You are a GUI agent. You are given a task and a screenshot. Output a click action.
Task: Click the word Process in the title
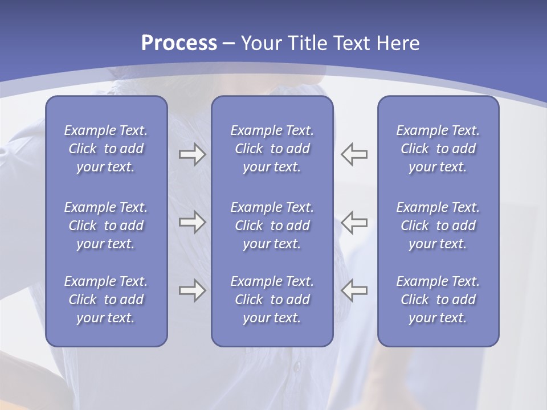pyautogui.click(x=179, y=43)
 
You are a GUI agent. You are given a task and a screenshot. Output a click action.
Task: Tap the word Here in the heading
pyautogui.click(x=398, y=43)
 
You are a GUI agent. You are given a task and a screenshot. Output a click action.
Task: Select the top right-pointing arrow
pyautogui.click(x=192, y=154)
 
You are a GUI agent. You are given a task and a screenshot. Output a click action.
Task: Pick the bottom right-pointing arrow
pyautogui.click(x=192, y=290)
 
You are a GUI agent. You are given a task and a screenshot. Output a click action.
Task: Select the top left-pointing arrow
pyautogui.click(x=354, y=154)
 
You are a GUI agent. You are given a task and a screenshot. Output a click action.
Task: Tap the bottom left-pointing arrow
pyautogui.click(x=354, y=290)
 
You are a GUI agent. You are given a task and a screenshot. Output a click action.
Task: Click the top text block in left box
pyautogui.click(x=106, y=149)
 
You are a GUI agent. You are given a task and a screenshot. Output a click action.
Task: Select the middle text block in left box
pyautogui.click(x=106, y=225)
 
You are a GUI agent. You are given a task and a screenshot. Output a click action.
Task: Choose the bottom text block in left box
pyautogui.click(x=106, y=300)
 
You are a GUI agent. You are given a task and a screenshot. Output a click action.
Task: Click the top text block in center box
pyautogui.click(x=272, y=149)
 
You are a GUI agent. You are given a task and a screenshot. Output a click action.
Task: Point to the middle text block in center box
pyautogui.click(x=272, y=225)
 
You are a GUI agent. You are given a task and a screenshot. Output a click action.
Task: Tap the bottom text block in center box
pyautogui.click(x=272, y=300)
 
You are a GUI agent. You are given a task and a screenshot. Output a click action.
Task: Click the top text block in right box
pyautogui.click(x=438, y=149)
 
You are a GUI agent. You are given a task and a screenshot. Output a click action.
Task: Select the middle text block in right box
pyautogui.click(x=438, y=225)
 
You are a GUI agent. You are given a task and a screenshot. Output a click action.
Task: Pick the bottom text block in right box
pyautogui.click(x=438, y=300)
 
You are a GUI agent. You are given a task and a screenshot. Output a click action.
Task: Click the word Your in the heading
pyautogui.click(x=260, y=43)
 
